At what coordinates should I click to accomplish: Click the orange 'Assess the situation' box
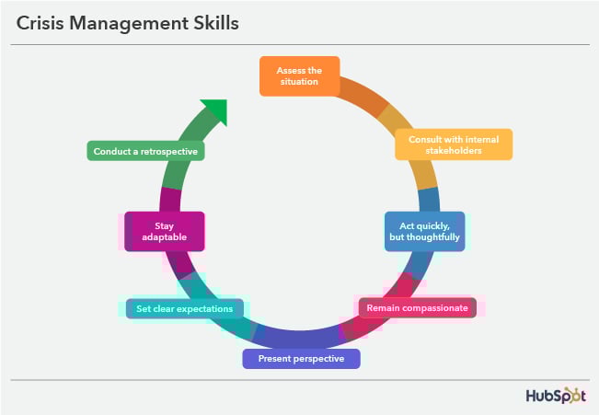[x=298, y=75]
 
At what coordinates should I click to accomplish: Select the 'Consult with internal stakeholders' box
[x=454, y=144]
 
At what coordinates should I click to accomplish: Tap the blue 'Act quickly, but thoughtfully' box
[x=424, y=231]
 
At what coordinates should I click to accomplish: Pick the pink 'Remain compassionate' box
[x=416, y=307]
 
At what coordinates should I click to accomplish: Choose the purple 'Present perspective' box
[x=301, y=358]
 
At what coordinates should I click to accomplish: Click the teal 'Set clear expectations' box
[x=185, y=308]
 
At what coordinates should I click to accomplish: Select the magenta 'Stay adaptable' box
[x=165, y=231]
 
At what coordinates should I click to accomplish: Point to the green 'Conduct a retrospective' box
[x=145, y=150]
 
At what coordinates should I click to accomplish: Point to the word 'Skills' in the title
[x=214, y=24]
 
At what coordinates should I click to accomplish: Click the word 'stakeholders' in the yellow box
[x=454, y=150]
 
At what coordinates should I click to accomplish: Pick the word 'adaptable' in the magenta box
[x=165, y=237]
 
